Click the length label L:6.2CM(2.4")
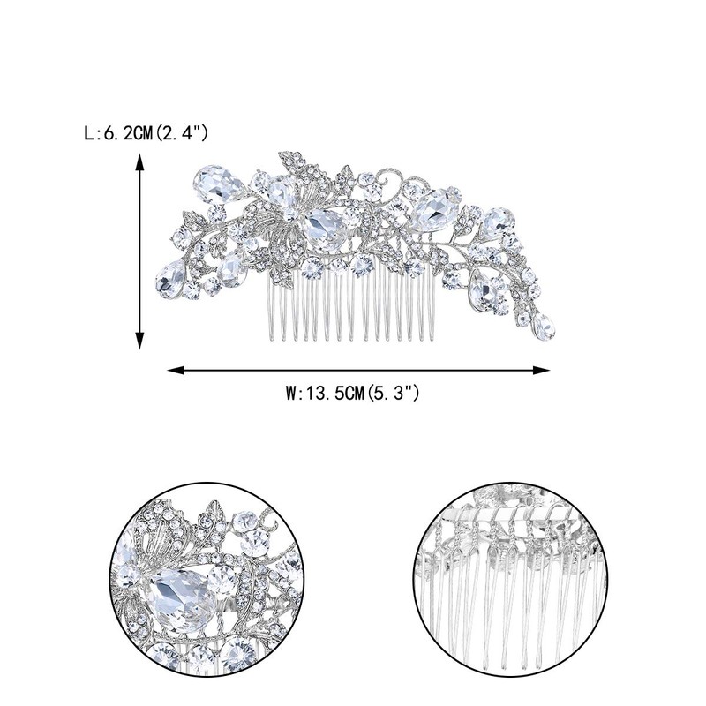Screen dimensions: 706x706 tap(146, 133)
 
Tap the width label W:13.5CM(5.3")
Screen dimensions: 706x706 tap(352, 393)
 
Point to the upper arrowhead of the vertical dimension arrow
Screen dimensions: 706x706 tap(139, 162)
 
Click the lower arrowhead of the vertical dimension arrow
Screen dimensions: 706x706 tap(139, 341)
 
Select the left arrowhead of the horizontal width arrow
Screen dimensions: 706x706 tap(176, 370)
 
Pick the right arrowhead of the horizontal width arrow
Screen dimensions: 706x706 tap(541, 370)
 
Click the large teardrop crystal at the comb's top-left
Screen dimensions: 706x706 tap(218, 184)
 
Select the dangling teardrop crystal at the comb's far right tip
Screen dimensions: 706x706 tap(544, 326)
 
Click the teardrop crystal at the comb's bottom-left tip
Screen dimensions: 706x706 tap(170, 280)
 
